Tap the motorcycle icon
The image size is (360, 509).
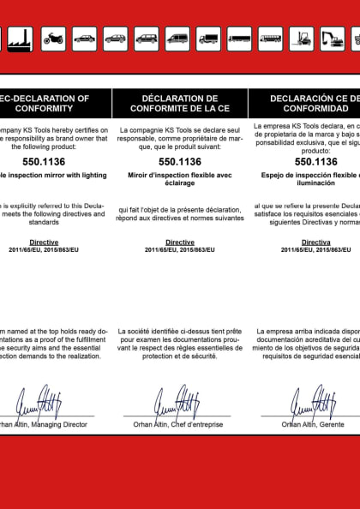53,38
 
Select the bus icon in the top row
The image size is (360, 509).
270,38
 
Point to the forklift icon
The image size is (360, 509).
301,38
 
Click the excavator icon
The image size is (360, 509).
332,38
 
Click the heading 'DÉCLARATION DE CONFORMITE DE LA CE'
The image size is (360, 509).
180,104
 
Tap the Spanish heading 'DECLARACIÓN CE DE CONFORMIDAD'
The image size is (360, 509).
313,104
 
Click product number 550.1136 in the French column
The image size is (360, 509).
180,161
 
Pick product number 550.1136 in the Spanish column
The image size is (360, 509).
315,161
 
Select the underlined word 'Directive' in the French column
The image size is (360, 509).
180,243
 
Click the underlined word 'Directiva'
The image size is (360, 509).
315,243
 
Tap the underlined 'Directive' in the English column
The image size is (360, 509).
44,243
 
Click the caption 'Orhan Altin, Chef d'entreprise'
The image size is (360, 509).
180,423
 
